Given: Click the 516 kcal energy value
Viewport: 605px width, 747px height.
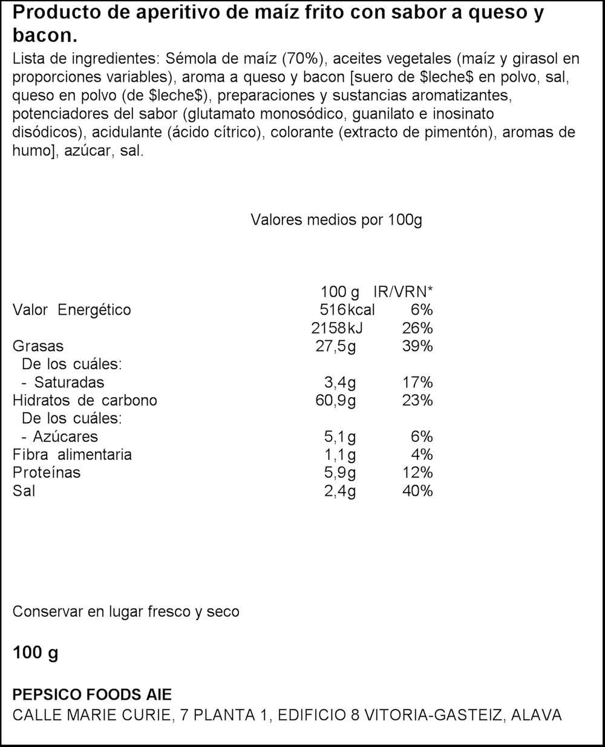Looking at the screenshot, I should (347, 310).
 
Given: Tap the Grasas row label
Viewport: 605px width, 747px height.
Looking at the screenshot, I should (38, 346).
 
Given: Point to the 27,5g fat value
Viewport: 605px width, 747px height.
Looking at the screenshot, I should (336, 346).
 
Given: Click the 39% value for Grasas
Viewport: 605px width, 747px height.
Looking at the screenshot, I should (417, 346).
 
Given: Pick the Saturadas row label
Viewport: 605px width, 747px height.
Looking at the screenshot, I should (69, 383).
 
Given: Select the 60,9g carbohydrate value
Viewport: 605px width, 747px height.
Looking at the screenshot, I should (336, 400).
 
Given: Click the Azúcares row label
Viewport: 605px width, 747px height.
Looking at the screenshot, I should (66, 436).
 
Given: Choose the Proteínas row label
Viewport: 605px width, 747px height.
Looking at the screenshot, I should (47, 473).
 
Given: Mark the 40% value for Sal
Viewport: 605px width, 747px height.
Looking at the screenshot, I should (417, 491).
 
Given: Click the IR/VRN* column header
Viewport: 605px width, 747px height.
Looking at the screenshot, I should (403, 292).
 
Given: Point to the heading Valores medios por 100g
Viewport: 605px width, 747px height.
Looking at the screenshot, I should (336, 220).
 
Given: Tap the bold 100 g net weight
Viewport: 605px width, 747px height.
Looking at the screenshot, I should (35, 653).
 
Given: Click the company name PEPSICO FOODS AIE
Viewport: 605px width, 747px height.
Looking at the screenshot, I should (92, 695).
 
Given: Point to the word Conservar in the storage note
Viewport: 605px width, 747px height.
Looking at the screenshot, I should (47, 612).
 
